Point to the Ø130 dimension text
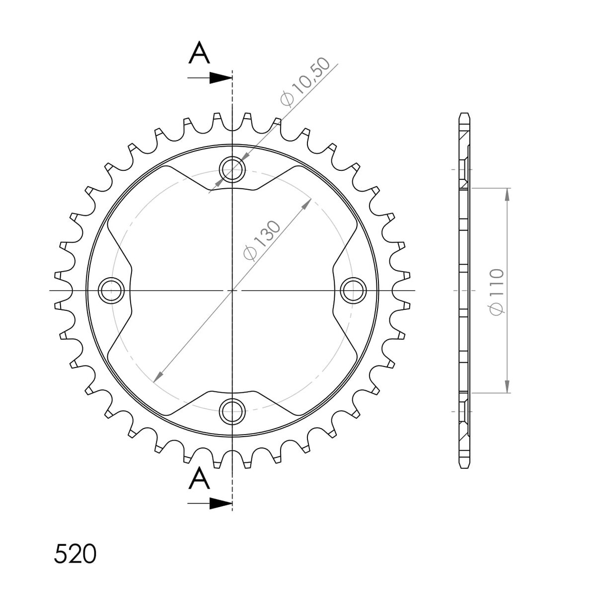pos(262,240)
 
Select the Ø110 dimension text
pos(497,292)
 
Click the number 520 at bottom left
pos(75,554)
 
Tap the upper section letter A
pos(199,53)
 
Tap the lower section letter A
pos(199,478)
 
